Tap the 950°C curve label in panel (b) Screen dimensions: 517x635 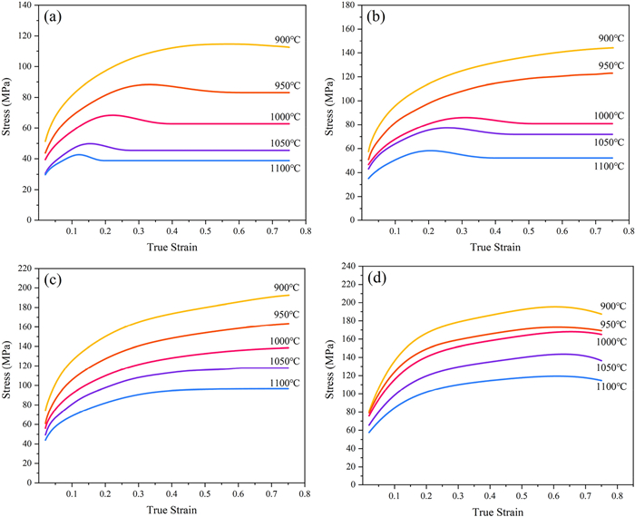pos(611,66)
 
